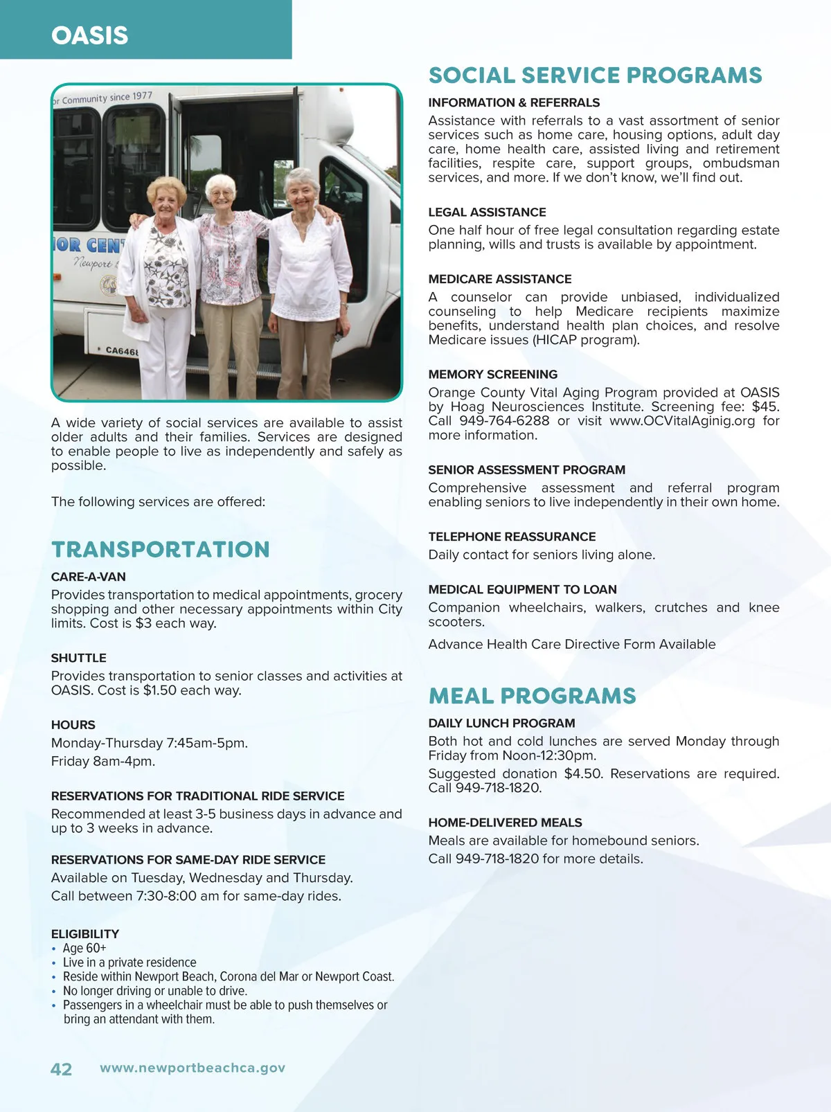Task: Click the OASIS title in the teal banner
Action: (90, 35)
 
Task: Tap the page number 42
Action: (61, 1069)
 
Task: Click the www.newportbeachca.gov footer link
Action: (193, 1068)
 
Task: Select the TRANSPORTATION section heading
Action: (161, 549)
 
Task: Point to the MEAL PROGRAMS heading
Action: (532, 696)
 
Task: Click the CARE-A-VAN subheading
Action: (89, 577)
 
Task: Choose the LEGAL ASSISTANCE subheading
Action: (487, 213)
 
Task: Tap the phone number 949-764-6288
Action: (504, 421)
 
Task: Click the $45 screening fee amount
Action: (765, 407)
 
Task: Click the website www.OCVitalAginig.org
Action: (682, 421)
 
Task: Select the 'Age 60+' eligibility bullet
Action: (84, 948)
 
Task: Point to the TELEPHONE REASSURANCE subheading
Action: (512, 537)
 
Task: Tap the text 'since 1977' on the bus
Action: (131, 96)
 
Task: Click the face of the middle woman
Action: (221, 192)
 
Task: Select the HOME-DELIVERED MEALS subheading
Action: (505, 823)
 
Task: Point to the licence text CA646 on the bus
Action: (121, 351)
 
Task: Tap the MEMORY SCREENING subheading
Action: (492, 375)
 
